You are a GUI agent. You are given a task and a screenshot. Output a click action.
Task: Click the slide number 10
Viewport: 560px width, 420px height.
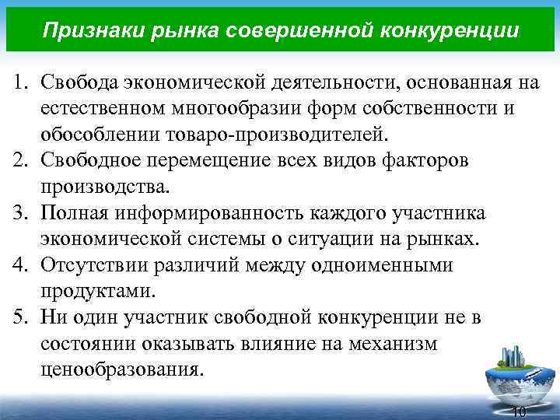[520, 411]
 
